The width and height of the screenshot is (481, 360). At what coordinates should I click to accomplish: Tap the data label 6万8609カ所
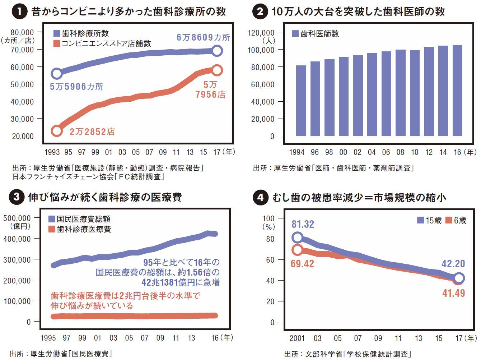(x=203, y=37)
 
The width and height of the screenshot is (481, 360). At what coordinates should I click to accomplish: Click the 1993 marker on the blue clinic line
(x=57, y=74)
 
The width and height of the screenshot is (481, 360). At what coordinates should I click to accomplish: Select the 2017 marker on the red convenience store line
(x=217, y=70)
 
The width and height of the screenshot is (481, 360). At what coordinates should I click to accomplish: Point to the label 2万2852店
(x=92, y=132)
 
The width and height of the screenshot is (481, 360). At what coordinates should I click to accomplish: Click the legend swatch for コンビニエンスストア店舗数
(x=57, y=43)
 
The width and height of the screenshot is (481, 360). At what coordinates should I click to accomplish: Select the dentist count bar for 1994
(x=301, y=101)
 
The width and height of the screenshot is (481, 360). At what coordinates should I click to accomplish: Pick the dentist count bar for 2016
(x=457, y=91)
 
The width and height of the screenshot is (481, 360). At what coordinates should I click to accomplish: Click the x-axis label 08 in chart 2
(x=400, y=152)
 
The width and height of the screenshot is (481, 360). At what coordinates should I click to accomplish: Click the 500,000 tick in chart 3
(x=17, y=218)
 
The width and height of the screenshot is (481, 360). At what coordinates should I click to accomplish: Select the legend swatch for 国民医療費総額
(x=52, y=219)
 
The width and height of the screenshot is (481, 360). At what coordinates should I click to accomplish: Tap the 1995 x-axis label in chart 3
(x=48, y=338)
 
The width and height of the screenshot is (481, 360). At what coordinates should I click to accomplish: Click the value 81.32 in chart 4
(x=303, y=224)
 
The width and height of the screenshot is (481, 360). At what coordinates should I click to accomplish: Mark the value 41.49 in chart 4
(x=453, y=293)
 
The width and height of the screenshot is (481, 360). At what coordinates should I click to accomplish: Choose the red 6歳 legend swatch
(x=449, y=220)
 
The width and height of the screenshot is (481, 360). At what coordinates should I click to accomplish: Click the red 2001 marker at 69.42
(x=297, y=249)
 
